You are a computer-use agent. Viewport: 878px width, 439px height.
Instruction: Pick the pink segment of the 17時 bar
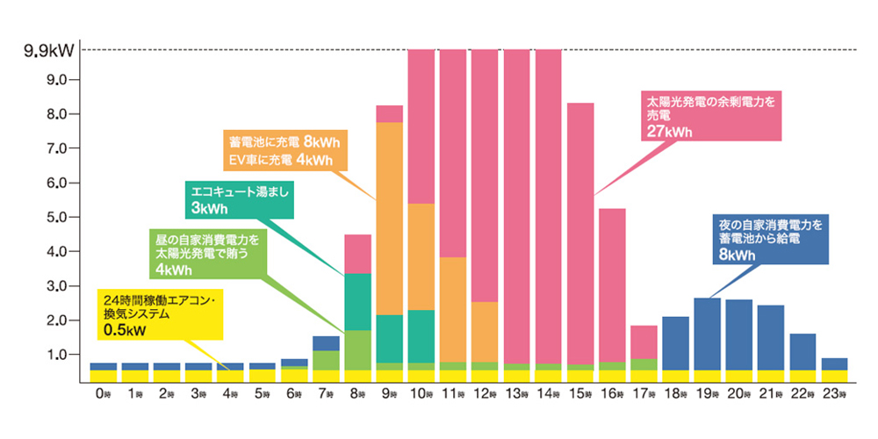(x=644, y=342)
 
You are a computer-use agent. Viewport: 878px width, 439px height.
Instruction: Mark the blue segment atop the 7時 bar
(x=326, y=343)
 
